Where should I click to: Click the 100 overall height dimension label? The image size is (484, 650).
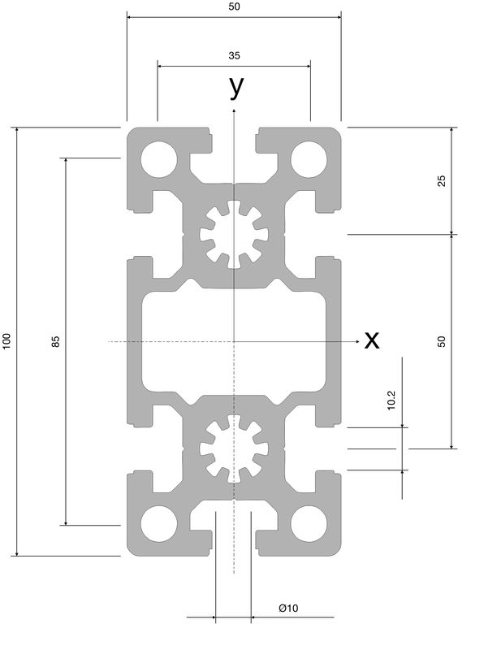[6, 341]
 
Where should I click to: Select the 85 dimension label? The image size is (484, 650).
[55, 341]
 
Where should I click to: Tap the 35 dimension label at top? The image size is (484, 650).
[234, 55]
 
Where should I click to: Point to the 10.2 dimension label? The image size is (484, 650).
[391, 401]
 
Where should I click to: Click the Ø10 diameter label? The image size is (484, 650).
[288, 608]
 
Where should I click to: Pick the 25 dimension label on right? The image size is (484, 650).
[442, 180]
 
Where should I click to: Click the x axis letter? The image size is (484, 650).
[372, 340]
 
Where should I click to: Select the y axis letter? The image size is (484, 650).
[236, 88]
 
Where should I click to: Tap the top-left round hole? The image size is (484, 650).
[159, 159]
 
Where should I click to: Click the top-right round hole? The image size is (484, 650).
[309, 159]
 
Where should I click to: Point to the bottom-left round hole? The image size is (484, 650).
[159, 523]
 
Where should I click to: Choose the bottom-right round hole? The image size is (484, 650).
[309, 523]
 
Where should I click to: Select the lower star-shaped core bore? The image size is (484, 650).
[234, 449]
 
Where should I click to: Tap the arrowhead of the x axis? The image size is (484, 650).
[357, 341]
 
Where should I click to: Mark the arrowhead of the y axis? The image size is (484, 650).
[234, 110]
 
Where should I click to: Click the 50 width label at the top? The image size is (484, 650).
[234, 6]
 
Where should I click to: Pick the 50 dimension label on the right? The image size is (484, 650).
[442, 341]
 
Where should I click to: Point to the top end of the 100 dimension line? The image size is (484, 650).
[16, 128]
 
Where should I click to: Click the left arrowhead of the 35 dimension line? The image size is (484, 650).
[160, 66]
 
